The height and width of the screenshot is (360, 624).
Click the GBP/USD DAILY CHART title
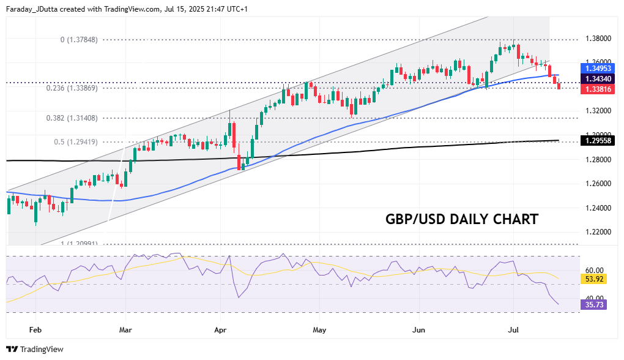[x=462, y=219]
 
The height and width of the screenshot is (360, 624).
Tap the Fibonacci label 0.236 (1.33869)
[x=72, y=88]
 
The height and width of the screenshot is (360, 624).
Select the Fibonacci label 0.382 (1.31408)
[x=72, y=118]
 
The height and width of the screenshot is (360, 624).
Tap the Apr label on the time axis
[x=221, y=329]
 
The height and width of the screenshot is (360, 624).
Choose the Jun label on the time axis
[x=419, y=329]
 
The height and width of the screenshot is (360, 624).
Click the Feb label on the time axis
[x=35, y=329]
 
